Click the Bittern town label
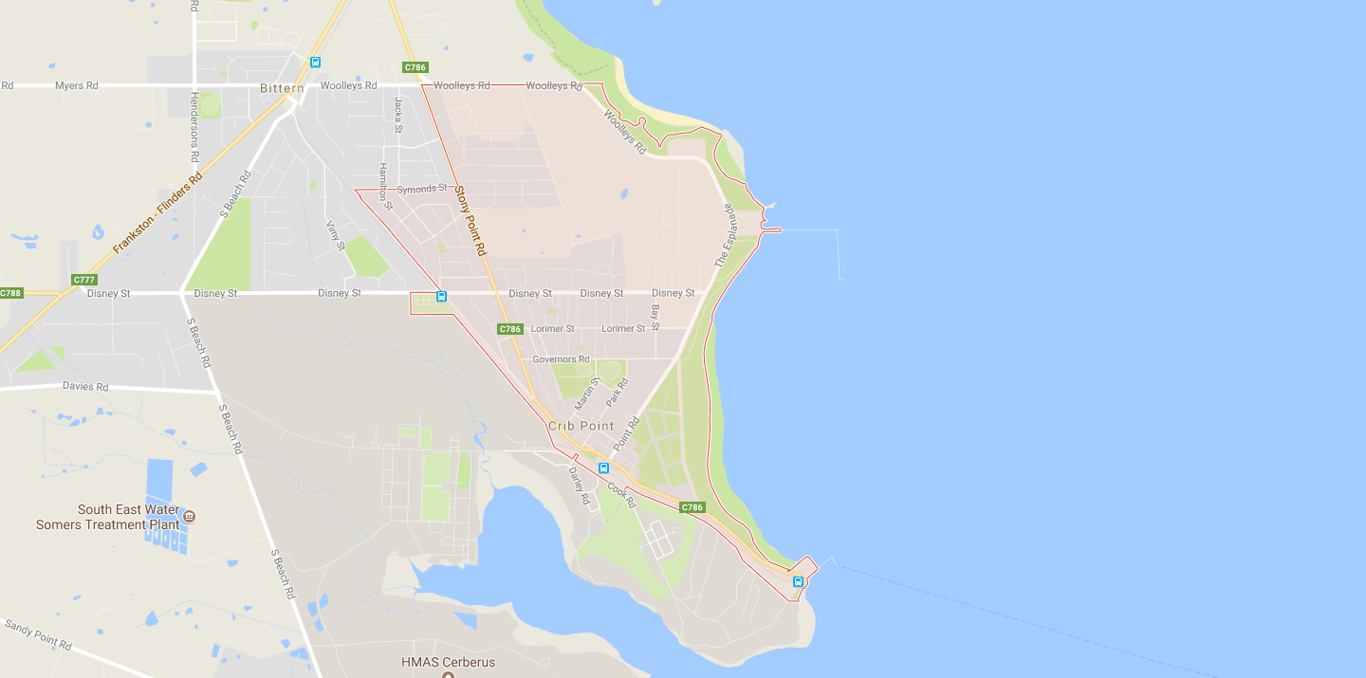(x=282, y=88)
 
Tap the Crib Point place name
(x=581, y=427)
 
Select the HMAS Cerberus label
(x=448, y=662)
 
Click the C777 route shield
(x=84, y=280)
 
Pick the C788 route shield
(x=10, y=293)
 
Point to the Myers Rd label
(x=76, y=85)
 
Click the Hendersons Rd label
(x=194, y=127)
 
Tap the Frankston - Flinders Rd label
(x=157, y=212)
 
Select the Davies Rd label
(x=85, y=387)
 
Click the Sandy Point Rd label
(x=38, y=634)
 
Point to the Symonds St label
(x=421, y=189)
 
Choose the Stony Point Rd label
(x=470, y=220)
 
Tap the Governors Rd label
(x=561, y=359)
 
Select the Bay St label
(x=655, y=317)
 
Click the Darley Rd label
(x=579, y=484)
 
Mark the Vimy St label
(x=336, y=235)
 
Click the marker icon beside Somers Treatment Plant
(x=189, y=517)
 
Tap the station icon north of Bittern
(x=315, y=63)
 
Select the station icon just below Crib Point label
(x=603, y=468)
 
